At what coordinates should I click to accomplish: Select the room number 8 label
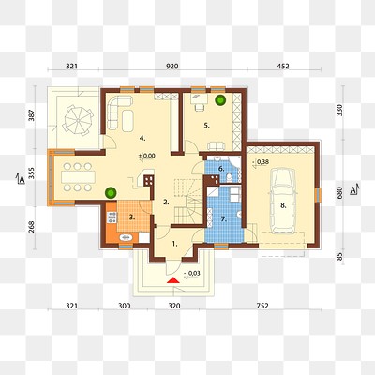coord(282,202)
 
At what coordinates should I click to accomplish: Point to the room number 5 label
coord(207,126)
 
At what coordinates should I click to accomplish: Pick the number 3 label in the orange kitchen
coord(133,217)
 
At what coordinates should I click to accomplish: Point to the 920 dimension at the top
coord(172,67)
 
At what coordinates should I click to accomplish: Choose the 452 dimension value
coord(283,67)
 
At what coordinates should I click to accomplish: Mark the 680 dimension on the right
coord(339,191)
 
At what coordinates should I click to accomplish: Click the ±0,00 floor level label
coord(146,155)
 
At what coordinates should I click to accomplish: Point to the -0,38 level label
coord(262,163)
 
